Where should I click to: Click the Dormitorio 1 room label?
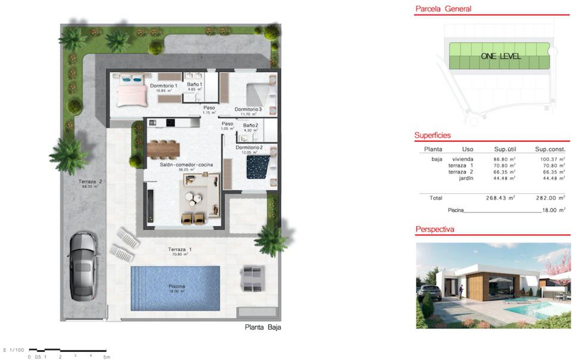164,86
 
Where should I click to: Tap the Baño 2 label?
250,126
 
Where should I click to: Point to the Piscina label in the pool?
177,286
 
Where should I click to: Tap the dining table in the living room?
163,147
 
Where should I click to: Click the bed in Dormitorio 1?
131,94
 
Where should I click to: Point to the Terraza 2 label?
92,182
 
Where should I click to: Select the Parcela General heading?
443,9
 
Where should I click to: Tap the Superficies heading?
432,136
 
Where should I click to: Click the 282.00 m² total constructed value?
550,198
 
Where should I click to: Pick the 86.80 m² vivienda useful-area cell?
500,159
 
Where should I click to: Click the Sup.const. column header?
550,149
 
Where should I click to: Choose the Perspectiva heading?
434,228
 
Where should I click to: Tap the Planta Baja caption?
263,327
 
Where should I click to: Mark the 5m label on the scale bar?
106,357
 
